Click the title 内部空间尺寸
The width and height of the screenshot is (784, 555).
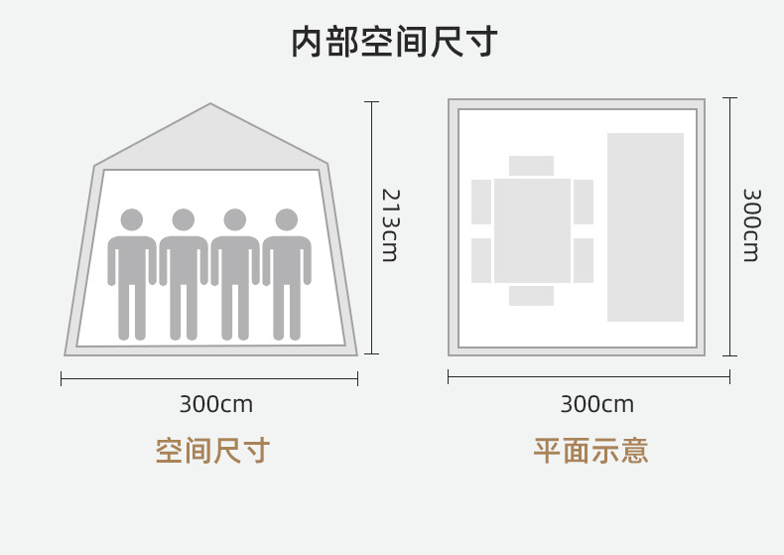coord(394,43)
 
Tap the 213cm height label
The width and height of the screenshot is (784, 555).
coord(389,225)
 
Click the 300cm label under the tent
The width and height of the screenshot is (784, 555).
coord(215,405)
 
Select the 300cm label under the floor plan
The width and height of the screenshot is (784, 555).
coord(596,405)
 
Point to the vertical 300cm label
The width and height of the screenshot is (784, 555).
coord(750,225)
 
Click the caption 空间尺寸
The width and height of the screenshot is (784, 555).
coord(212,451)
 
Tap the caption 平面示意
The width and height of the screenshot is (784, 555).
coord(590,451)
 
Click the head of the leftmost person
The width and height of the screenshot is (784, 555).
coord(132,219)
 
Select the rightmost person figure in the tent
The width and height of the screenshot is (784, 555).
coord(287,273)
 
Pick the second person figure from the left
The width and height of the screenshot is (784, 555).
coord(184,273)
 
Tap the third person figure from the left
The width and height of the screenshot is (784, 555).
coord(235,273)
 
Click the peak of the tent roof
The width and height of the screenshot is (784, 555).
coord(210,105)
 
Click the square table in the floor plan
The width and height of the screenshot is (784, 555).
coord(533,230)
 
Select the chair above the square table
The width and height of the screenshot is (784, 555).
coord(531,166)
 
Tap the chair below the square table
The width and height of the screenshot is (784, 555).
coord(531,296)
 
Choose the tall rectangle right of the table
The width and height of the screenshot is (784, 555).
coord(645,227)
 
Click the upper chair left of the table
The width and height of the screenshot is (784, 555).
coord(481,202)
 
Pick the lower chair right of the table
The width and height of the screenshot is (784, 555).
coord(584,260)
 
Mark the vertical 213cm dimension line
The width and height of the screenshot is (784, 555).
coord(372,227)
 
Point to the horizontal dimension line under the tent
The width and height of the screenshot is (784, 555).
coord(209,378)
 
